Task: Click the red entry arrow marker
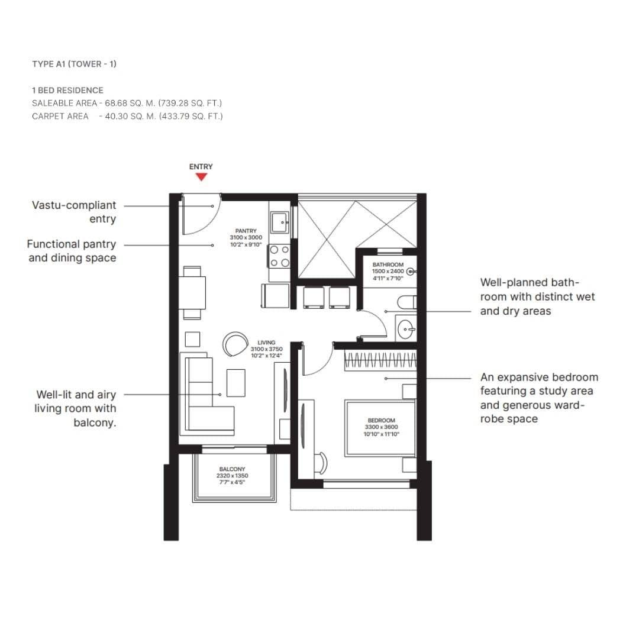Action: pos(201,176)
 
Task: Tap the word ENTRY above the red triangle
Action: pos(201,167)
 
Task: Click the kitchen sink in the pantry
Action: pos(279,223)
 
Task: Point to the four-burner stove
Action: pos(279,256)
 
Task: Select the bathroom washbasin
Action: pos(406,329)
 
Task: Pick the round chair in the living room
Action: pos(236,344)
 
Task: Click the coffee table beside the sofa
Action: pos(235,383)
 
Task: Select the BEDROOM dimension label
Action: pos(381,427)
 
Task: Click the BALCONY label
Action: pos(232,469)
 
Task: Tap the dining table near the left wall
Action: pos(194,293)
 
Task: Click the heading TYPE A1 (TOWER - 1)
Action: pos(74,64)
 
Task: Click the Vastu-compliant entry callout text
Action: pos(74,212)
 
